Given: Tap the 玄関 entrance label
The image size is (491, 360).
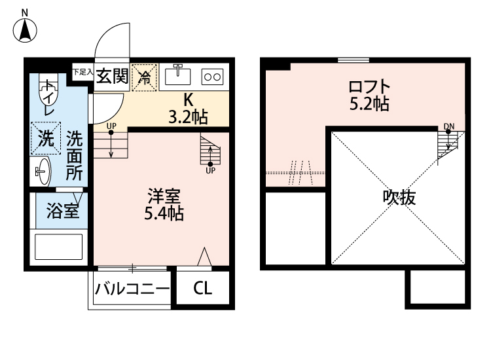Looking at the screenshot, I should [x=111, y=77].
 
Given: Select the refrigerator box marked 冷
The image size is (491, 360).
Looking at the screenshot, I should [x=145, y=77].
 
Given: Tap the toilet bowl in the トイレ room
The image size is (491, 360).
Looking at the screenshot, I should [x=49, y=88].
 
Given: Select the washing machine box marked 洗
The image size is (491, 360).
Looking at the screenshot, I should [x=45, y=138].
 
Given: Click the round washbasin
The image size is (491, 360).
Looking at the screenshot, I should [x=42, y=172].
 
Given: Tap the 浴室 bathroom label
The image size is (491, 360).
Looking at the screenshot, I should [x=62, y=211].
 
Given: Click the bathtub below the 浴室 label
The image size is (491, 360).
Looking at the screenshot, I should [x=60, y=247].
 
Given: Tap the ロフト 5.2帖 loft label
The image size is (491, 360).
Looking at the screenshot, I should [x=369, y=95].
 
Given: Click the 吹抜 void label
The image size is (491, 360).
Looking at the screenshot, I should [x=399, y=197].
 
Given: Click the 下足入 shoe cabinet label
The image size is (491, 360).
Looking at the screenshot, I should [x=81, y=71].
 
